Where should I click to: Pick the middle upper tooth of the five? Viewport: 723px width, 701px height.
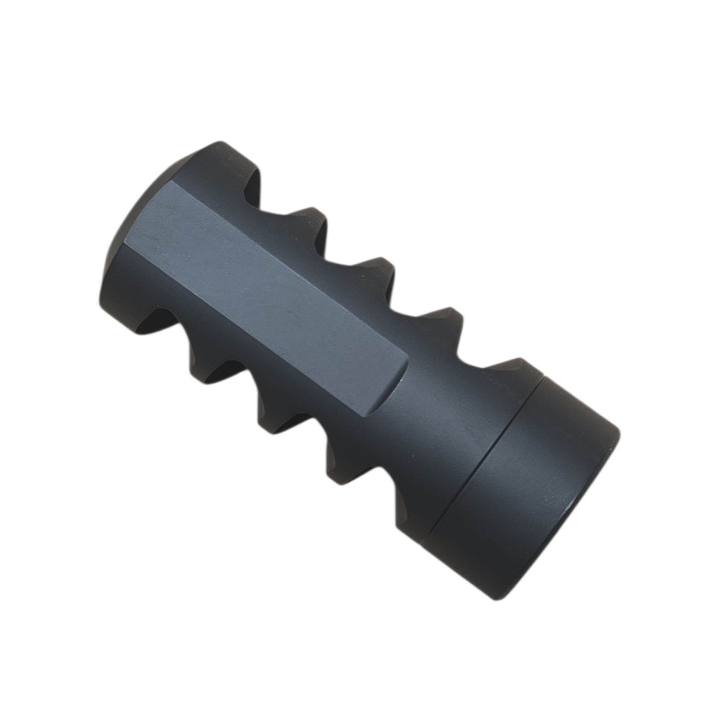click(373, 267)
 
